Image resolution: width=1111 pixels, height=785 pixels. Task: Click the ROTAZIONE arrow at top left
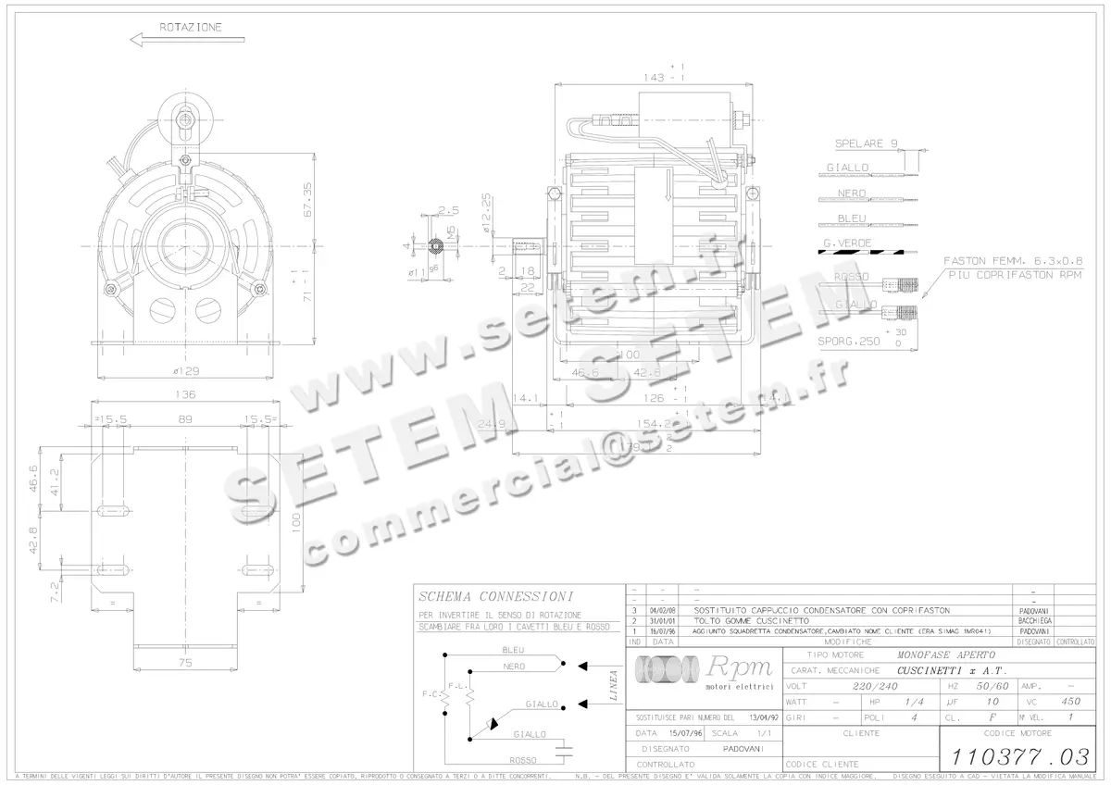187,40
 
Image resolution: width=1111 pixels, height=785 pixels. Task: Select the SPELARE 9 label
866,144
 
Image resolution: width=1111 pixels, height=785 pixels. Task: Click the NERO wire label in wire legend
852,193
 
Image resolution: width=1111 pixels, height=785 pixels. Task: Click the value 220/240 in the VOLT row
873,687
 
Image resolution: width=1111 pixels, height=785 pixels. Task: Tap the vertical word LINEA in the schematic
614,687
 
